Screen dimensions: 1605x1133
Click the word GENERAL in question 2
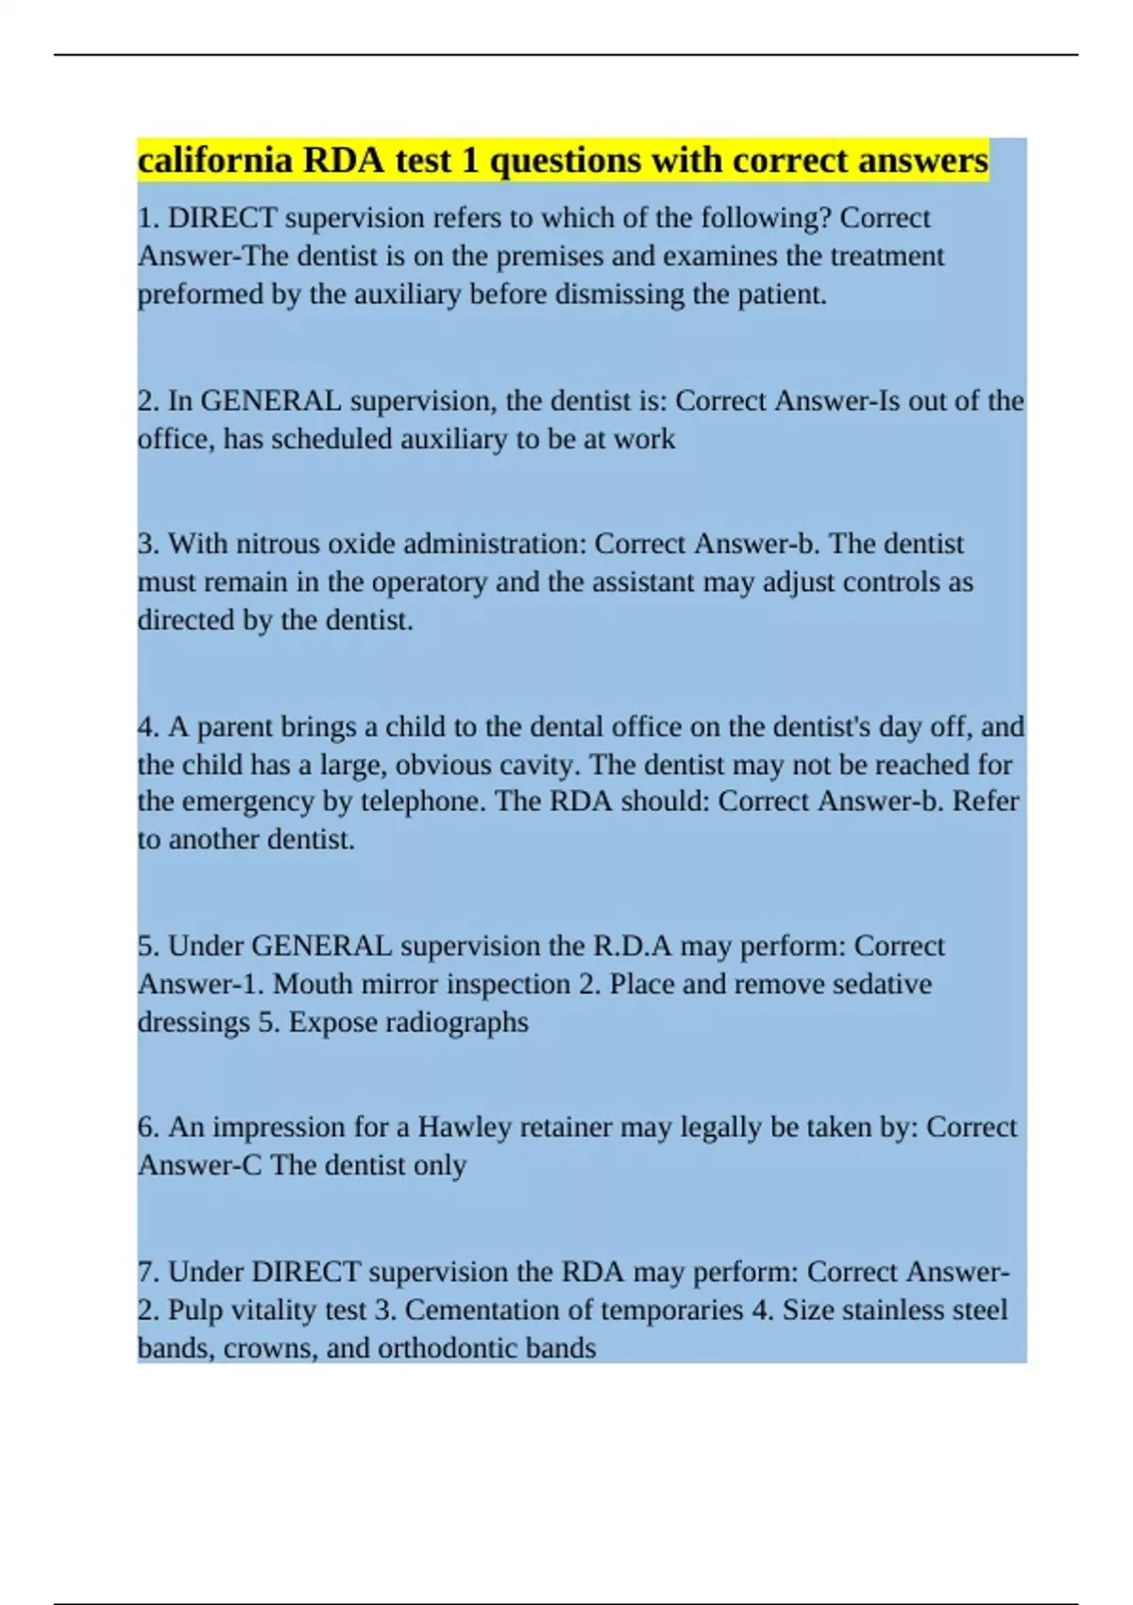[x=272, y=401]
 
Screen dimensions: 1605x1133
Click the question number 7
[x=147, y=1273]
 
